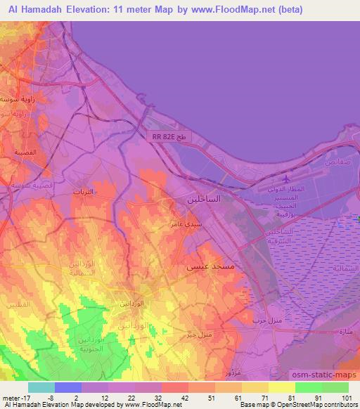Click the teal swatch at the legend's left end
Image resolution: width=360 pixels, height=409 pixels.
point(41,387)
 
